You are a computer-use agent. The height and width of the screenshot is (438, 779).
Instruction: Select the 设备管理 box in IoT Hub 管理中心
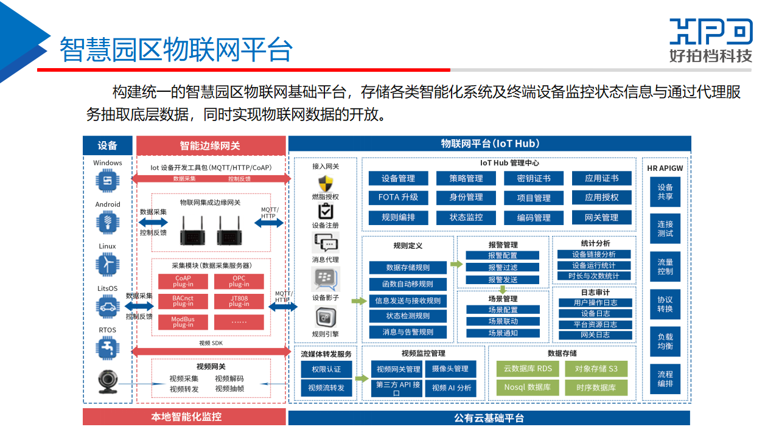point(398,178)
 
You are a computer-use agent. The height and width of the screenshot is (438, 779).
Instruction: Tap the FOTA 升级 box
point(398,198)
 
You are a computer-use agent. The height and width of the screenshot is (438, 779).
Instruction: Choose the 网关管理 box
point(601,217)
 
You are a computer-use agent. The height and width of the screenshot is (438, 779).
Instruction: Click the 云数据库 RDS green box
point(528,369)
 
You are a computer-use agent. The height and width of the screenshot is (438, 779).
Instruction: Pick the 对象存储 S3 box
point(596,369)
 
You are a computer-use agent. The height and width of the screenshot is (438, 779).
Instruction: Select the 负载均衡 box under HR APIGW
point(665,341)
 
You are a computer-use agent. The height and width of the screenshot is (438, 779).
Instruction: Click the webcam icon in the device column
point(108,383)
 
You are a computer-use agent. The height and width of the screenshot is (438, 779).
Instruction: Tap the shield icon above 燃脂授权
point(325,183)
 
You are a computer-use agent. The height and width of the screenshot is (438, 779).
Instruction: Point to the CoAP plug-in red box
point(183,281)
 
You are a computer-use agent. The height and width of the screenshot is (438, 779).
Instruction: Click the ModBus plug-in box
point(183,322)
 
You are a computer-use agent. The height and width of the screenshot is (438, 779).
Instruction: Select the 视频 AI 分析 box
point(451,388)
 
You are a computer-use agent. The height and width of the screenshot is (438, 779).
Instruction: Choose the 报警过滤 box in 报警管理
point(503,267)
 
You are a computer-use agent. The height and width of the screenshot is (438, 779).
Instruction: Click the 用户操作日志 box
point(595,302)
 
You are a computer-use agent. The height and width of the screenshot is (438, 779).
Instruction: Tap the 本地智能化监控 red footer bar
point(184,417)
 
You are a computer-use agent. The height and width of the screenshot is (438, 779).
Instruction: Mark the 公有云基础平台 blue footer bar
point(489,418)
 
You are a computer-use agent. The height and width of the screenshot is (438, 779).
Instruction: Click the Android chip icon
point(108,222)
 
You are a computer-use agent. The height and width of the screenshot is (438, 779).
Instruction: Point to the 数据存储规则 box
point(408,268)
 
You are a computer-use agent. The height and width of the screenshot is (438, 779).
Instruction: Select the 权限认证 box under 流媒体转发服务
point(326,369)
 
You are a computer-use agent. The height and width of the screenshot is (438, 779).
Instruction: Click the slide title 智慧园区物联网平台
point(175,49)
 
